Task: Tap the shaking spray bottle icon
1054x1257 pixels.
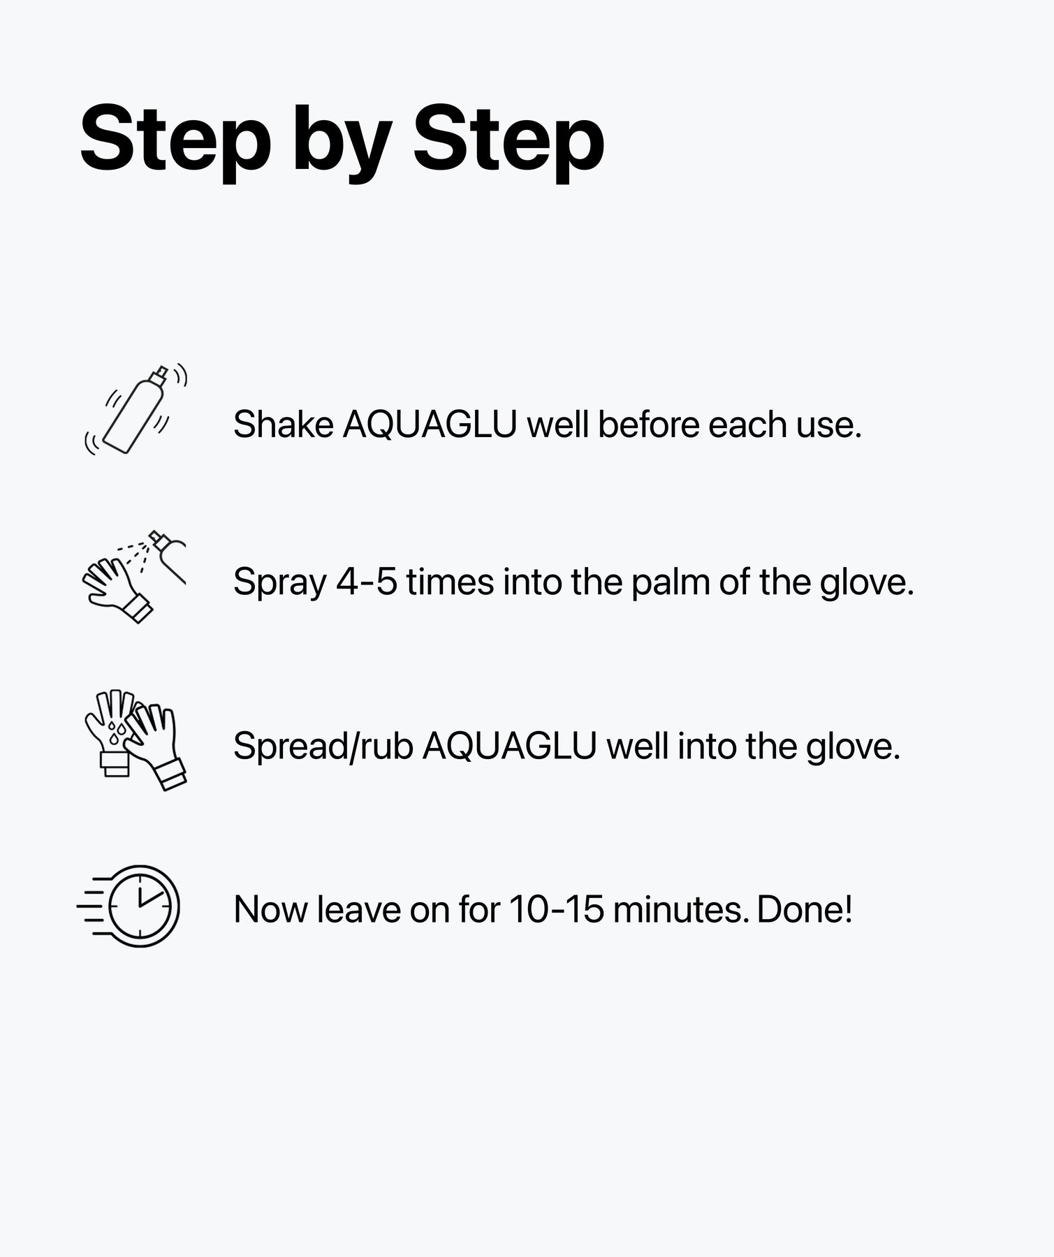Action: pos(137,410)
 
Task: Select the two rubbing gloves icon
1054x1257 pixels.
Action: pos(136,740)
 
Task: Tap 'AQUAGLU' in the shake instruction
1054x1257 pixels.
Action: pos(430,425)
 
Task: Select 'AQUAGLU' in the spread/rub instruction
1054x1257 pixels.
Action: pos(509,746)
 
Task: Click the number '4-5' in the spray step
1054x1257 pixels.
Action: pos(366,582)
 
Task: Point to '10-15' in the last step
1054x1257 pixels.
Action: pos(556,910)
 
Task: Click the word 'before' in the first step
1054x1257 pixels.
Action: pos(648,425)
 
